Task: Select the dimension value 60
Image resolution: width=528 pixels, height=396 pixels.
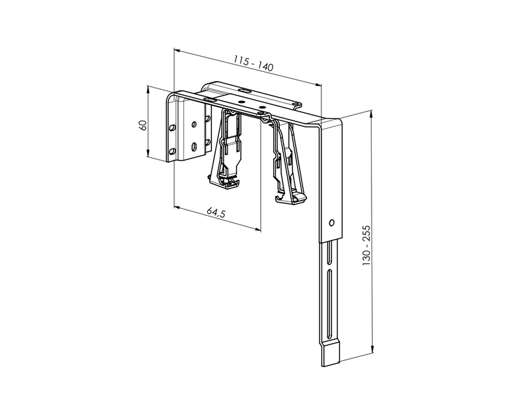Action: (143, 125)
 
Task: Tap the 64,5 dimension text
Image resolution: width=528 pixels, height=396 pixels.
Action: (216, 213)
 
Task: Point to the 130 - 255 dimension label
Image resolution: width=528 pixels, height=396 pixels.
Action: (366, 245)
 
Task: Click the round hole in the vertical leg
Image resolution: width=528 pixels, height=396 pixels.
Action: (332, 222)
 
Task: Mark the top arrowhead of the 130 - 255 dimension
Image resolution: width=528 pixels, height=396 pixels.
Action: (372, 114)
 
